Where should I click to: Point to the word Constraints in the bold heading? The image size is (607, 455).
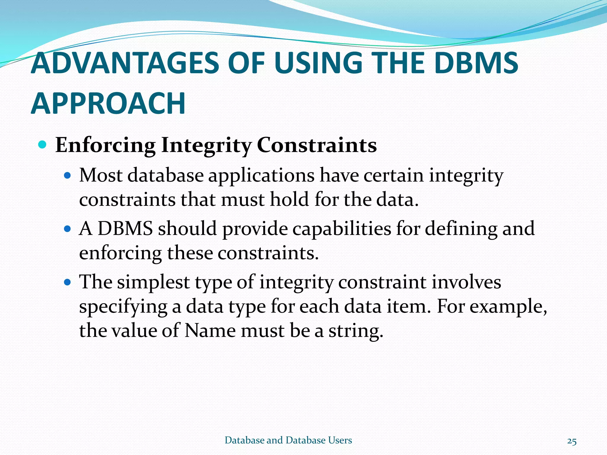tap(317, 145)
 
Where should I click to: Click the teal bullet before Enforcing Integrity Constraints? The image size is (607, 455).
tap(43, 145)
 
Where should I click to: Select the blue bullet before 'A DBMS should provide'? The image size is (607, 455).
tap(68, 229)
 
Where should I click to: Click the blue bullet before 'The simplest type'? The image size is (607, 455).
tap(68, 282)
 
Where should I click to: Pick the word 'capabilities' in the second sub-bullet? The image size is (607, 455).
tap(342, 229)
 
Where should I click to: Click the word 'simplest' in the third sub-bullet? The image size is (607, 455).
tap(153, 282)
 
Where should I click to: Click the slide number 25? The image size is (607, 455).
tap(572, 441)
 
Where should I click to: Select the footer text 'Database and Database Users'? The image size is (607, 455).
tap(288, 440)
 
